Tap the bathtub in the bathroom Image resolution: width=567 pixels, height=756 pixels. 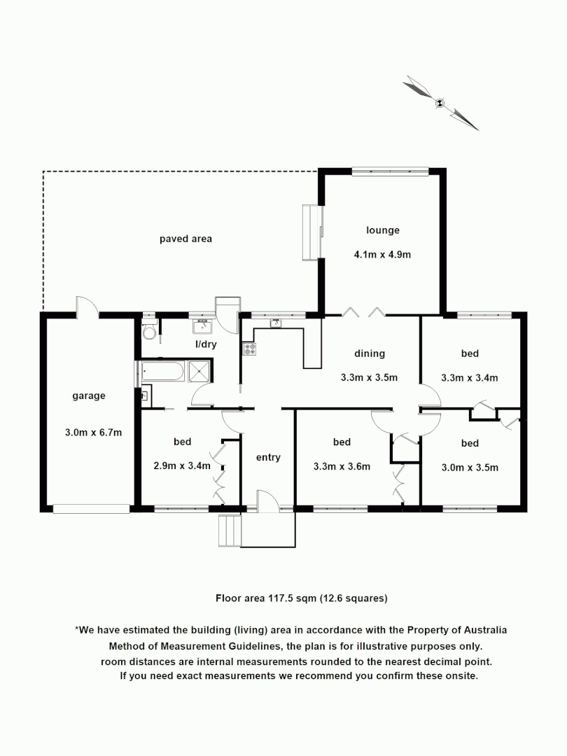tap(163, 371)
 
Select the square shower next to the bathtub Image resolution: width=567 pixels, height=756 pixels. tap(200, 371)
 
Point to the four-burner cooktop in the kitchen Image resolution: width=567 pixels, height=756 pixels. tap(250, 349)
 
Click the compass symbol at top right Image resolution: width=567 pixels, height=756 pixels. tap(440, 104)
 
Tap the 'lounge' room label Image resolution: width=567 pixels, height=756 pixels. tap(382, 230)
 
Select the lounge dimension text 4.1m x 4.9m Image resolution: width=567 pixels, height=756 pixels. tap(382, 255)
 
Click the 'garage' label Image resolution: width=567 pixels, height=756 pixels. tap(89, 395)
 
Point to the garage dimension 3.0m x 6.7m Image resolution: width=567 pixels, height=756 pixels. tap(93, 432)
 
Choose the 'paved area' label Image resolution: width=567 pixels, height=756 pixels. tap(185, 239)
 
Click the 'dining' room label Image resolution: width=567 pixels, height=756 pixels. tap(369, 353)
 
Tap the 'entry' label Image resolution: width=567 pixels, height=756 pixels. tap(268, 457)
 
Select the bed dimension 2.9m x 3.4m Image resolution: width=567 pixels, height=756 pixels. tap(182, 466)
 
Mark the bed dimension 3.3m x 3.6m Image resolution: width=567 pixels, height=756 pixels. tap(342, 466)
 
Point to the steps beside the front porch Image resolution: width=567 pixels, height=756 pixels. tap(230, 531)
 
